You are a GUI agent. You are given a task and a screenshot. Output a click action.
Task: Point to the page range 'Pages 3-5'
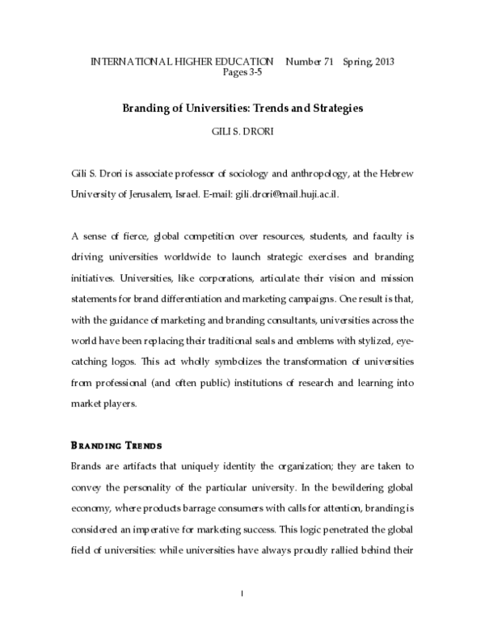[x=242, y=72]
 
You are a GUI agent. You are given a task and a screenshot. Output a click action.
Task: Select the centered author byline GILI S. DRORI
[x=242, y=127]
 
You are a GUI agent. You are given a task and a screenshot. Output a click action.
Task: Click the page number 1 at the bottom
[x=242, y=595]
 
